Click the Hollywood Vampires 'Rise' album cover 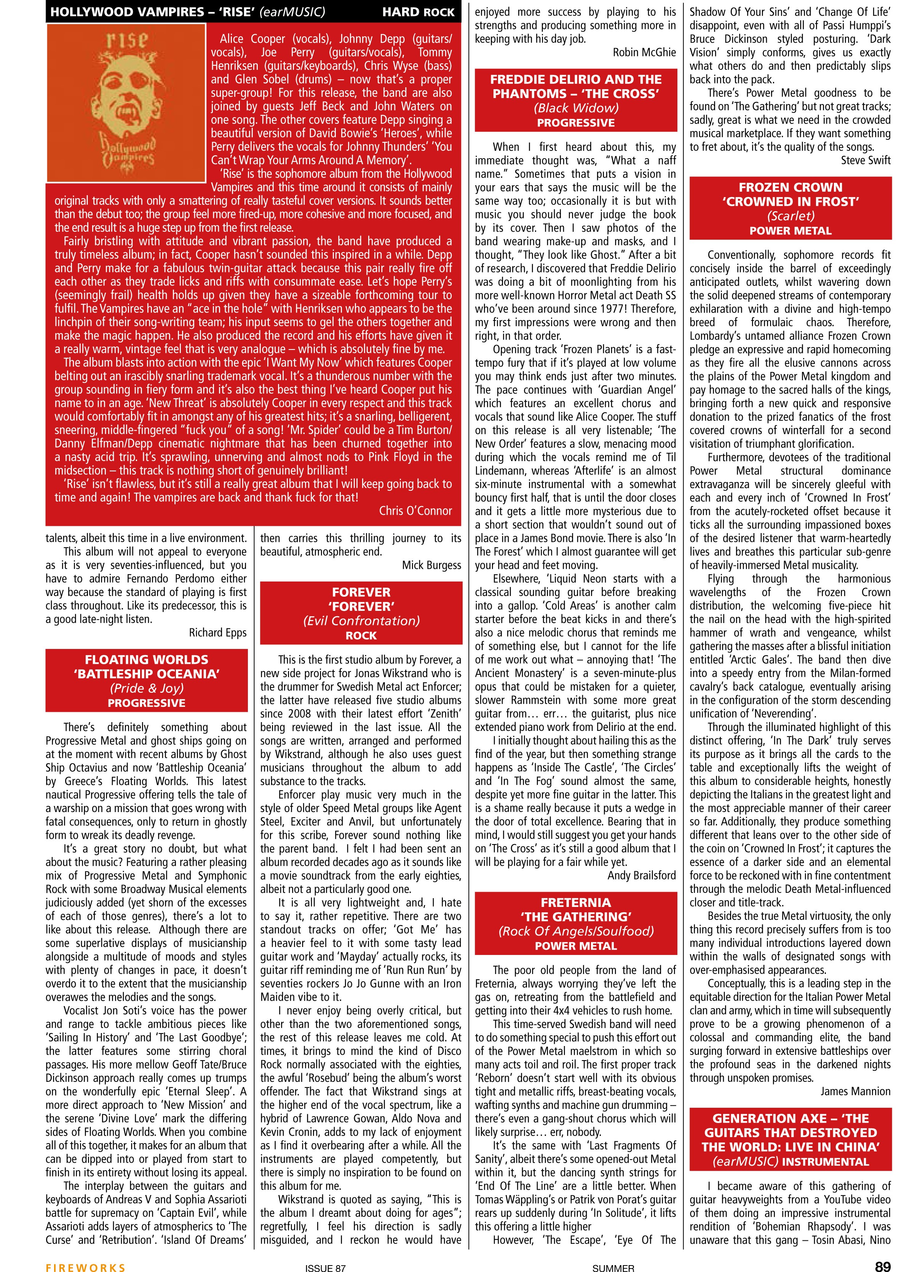point(126,103)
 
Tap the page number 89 point(882,1251)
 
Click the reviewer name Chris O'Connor point(415,511)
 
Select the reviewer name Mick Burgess point(431,566)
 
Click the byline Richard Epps point(217,633)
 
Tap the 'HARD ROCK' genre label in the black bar point(418,12)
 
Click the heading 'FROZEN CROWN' point(790,187)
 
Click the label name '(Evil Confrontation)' point(361,621)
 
